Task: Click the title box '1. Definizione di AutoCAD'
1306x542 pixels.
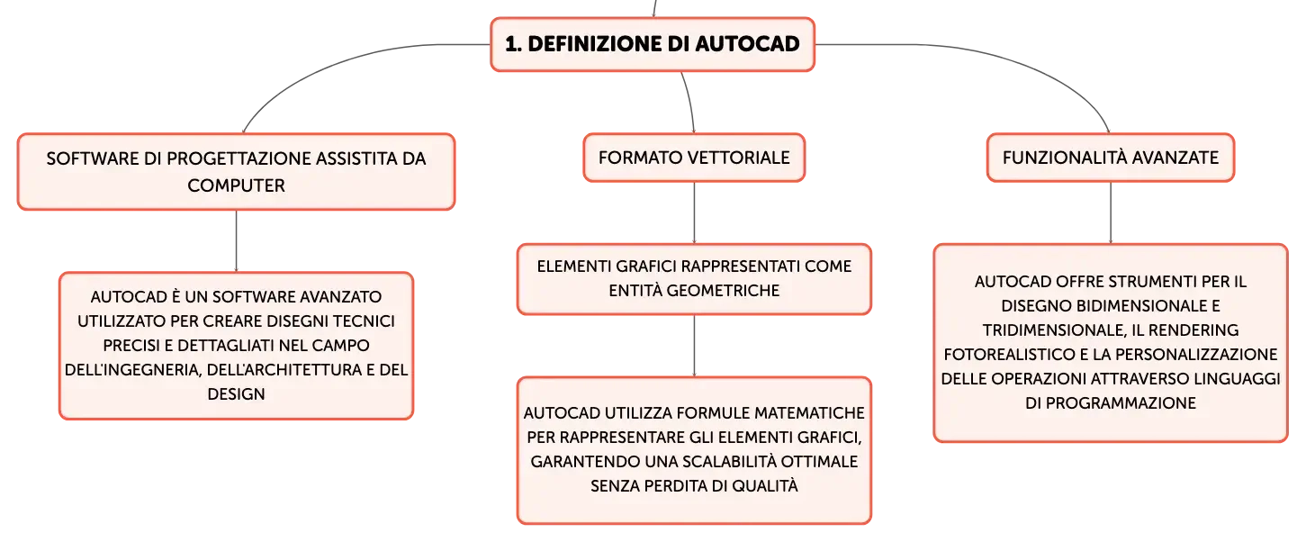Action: click(x=653, y=44)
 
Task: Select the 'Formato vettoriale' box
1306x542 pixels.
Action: click(x=694, y=158)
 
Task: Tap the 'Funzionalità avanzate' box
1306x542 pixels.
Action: click(x=1110, y=158)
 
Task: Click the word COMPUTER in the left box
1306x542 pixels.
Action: click(x=236, y=185)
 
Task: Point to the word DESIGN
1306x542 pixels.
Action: click(x=236, y=393)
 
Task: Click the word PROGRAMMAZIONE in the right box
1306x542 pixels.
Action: click(x=1121, y=403)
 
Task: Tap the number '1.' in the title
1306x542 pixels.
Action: click(x=514, y=44)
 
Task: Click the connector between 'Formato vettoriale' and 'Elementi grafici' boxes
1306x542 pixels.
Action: click(x=694, y=213)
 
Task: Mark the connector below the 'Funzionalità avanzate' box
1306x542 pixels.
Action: click(x=1110, y=213)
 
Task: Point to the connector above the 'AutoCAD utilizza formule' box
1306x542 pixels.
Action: click(x=694, y=346)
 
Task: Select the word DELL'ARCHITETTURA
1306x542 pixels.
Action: click(x=291, y=370)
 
